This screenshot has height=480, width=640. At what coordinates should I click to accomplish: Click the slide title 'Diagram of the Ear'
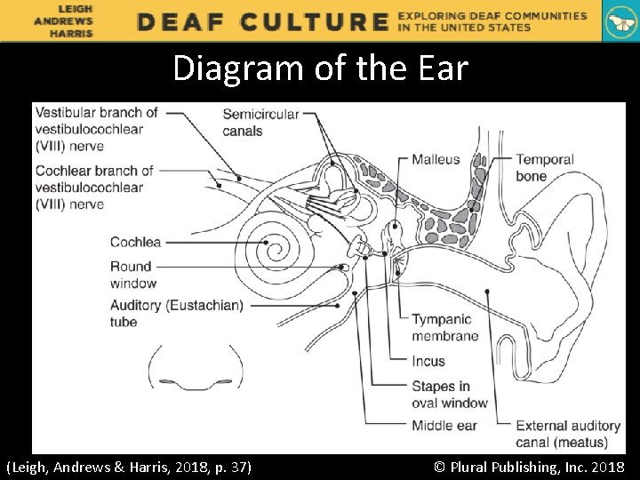coord(320,68)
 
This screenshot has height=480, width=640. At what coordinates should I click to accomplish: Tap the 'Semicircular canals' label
coord(260,123)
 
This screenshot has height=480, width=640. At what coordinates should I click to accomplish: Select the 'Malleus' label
coord(436,160)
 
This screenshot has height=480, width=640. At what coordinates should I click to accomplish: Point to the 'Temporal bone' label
coord(544,168)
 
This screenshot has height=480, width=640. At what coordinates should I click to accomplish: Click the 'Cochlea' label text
coord(135,242)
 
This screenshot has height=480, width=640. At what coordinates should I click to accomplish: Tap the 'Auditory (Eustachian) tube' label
coord(176,313)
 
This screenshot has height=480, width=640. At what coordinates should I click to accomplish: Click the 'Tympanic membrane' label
coord(444,327)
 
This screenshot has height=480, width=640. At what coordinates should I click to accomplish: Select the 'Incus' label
coord(428,362)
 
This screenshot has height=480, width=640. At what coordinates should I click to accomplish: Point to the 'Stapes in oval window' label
coord(449,395)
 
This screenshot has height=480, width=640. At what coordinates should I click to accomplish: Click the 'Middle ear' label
coord(444,426)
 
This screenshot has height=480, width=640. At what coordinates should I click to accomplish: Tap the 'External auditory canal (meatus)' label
coord(561,434)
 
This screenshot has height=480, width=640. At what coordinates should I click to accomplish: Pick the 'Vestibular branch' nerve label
coord(96,129)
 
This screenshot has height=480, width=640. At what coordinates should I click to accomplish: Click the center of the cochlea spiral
coord(266,240)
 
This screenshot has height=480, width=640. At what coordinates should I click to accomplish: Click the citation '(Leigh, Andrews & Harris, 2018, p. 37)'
coord(129,467)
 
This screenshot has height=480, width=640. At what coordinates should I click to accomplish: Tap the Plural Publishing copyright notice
coord(528,467)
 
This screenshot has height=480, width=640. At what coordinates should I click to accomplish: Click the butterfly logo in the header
coord(620,21)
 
